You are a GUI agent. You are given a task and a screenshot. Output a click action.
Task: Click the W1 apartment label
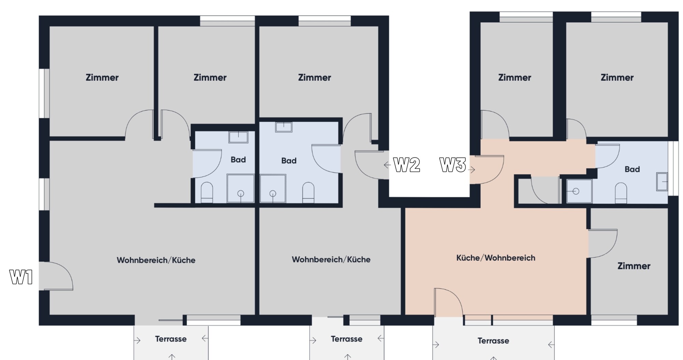pos(21,277)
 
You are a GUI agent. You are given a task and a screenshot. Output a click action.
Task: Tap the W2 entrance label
pos(406,165)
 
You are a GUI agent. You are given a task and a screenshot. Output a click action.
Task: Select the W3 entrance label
pos(452,165)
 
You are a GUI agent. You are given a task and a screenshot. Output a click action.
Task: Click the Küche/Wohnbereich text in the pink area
pos(496,258)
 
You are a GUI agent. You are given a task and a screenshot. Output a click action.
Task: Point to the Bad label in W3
pos(632,169)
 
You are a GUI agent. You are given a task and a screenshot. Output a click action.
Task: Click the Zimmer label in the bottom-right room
pos(633,266)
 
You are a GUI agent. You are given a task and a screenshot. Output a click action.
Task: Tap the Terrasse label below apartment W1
pos(171,339)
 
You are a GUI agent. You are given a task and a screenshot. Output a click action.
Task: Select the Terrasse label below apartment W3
pos(493,341)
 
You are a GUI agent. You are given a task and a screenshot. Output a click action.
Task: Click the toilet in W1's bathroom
pos(207,192)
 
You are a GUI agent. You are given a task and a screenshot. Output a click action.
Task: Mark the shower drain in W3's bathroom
pos(576,191)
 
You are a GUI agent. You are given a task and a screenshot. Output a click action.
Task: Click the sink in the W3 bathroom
pos(661,182)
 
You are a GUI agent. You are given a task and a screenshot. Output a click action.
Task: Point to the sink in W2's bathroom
pos(283,127)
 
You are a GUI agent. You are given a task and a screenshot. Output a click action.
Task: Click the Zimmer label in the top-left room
pos(102,78)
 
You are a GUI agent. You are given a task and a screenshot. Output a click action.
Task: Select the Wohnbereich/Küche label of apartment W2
pos(331,260)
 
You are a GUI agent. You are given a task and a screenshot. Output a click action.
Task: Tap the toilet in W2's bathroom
pos(308,192)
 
